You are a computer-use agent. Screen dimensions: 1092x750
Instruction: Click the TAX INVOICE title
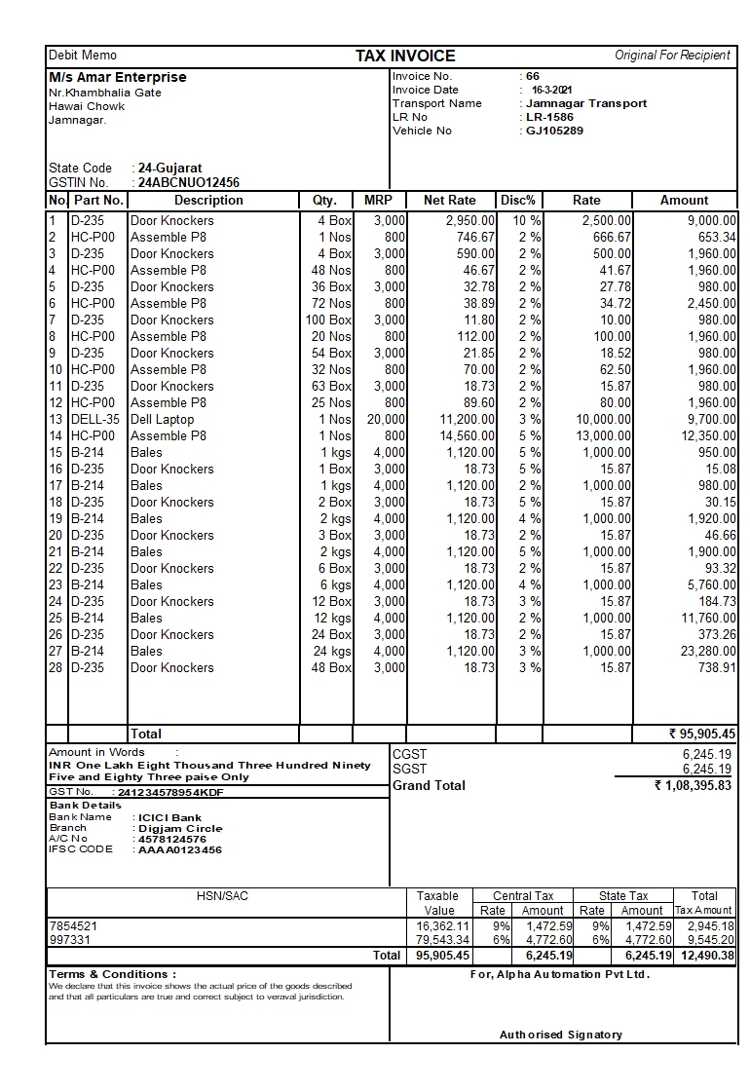405,56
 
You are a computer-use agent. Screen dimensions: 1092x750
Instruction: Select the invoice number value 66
532,76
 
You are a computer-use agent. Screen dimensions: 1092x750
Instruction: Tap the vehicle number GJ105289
554,131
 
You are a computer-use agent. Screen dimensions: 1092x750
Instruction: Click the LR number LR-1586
549,117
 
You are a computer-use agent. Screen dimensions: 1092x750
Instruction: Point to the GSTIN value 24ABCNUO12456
189,182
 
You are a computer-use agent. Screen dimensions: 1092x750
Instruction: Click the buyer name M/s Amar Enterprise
118,77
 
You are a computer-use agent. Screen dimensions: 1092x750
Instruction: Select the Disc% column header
518,200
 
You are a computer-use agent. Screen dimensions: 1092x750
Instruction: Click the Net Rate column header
450,200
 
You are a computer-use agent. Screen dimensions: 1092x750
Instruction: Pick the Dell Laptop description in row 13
162,419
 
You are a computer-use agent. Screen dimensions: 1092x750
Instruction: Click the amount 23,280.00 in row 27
704,651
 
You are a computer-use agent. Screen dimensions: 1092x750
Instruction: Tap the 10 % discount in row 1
526,221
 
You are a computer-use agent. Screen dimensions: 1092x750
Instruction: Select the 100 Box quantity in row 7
328,320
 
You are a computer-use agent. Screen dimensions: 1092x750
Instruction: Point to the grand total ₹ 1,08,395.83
693,785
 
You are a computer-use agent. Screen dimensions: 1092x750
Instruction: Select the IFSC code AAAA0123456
180,849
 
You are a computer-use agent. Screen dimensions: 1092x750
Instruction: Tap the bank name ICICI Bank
170,817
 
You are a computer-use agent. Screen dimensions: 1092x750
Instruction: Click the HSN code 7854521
73,925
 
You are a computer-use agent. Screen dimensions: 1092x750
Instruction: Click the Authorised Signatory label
560,1034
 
